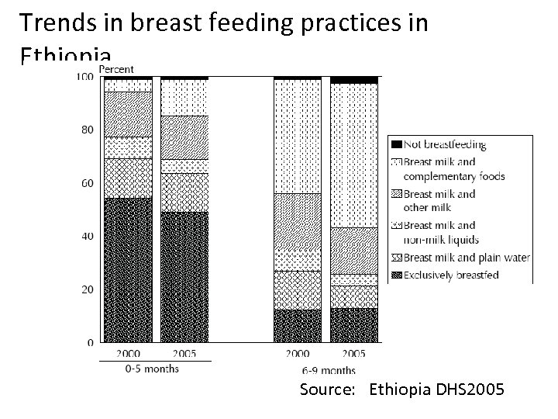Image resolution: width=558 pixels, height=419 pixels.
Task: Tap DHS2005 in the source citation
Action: (475, 390)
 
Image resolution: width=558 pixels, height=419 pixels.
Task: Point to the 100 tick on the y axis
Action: (84, 77)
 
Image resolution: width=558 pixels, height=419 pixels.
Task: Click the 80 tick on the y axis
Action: (88, 130)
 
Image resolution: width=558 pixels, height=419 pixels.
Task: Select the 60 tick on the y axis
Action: (88, 183)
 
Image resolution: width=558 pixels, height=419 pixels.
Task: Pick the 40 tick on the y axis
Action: (88, 236)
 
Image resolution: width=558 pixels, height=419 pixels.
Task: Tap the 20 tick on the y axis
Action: (88, 289)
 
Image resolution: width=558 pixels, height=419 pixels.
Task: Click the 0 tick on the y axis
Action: (91, 342)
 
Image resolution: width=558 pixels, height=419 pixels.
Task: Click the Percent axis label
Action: (115, 69)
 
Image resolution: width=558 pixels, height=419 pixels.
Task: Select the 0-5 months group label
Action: (152, 369)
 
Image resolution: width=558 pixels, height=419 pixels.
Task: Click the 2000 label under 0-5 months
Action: (128, 354)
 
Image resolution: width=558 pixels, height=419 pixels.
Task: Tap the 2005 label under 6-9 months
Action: (354, 354)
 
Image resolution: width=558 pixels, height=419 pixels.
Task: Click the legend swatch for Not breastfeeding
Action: (395, 144)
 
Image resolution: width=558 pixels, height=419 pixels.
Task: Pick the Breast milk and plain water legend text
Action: (466, 258)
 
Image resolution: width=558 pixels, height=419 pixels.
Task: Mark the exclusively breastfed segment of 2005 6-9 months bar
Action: (354, 325)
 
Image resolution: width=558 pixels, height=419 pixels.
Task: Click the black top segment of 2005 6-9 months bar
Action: (354, 80)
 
